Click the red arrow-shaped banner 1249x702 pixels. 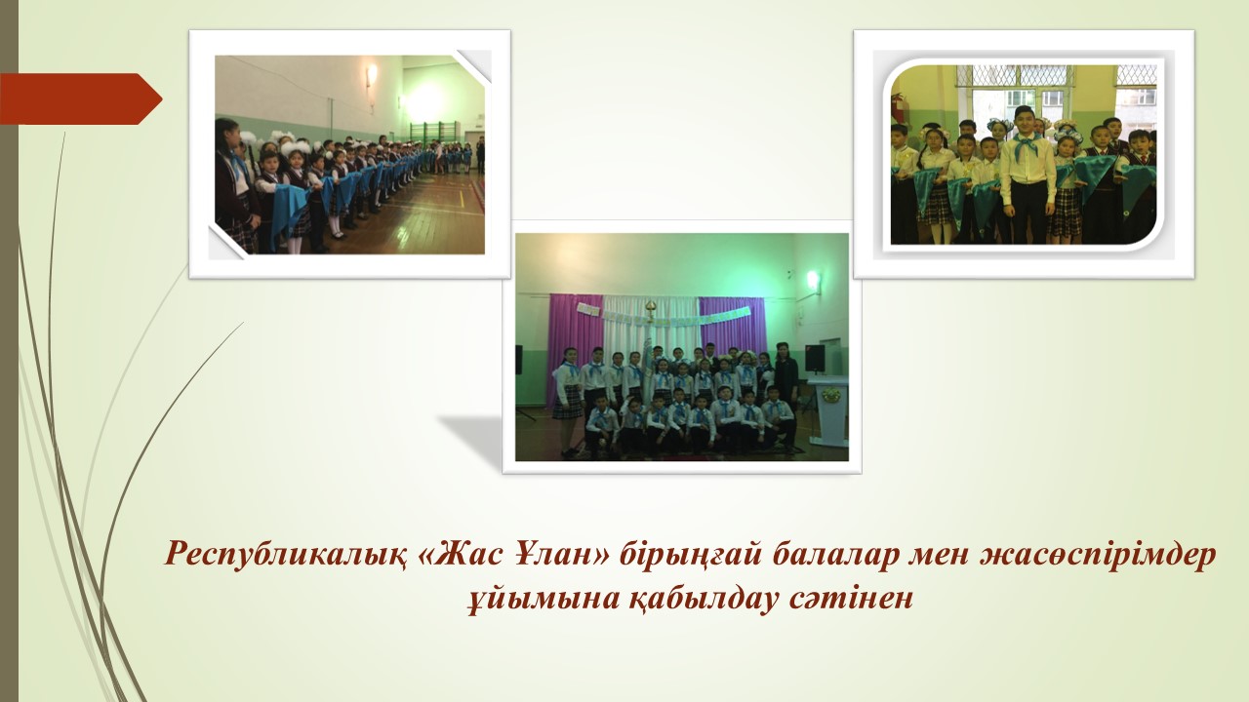(81, 98)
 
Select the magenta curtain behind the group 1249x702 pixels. (732, 329)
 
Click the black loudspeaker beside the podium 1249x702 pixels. (815, 358)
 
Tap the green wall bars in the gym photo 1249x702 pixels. (427, 133)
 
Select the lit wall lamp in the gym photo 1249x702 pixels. (372, 74)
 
